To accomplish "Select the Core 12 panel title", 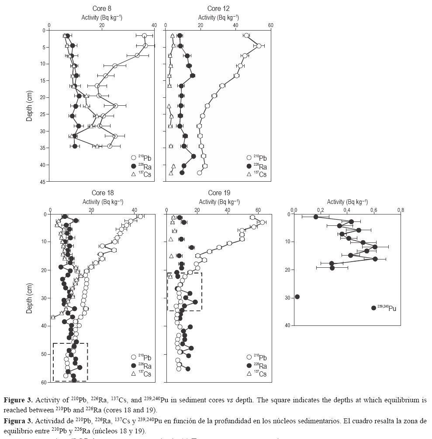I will tap(218, 9).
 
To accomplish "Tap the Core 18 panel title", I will tap(103, 193).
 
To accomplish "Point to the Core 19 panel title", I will tap(219, 193).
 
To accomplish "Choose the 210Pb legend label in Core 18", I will tap(144, 358).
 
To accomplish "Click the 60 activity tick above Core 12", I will tap(270, 25).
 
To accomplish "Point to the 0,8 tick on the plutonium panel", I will tap(401, 209).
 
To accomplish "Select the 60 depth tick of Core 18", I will tap(44, 382).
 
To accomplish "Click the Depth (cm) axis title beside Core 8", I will tap(29, 106).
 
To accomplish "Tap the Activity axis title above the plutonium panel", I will tap(347, 202).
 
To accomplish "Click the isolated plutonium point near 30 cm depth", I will tap(297, 297).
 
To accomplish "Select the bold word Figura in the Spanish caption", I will tap(16, 421).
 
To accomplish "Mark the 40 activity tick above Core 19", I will tap(228, 209).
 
